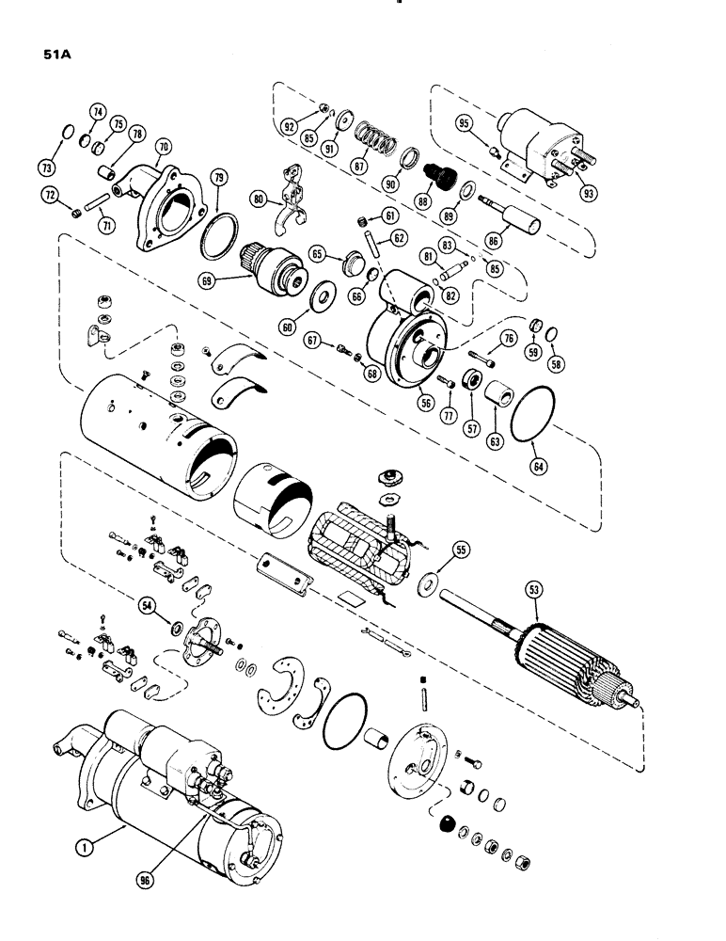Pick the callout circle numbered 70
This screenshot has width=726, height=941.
166,147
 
